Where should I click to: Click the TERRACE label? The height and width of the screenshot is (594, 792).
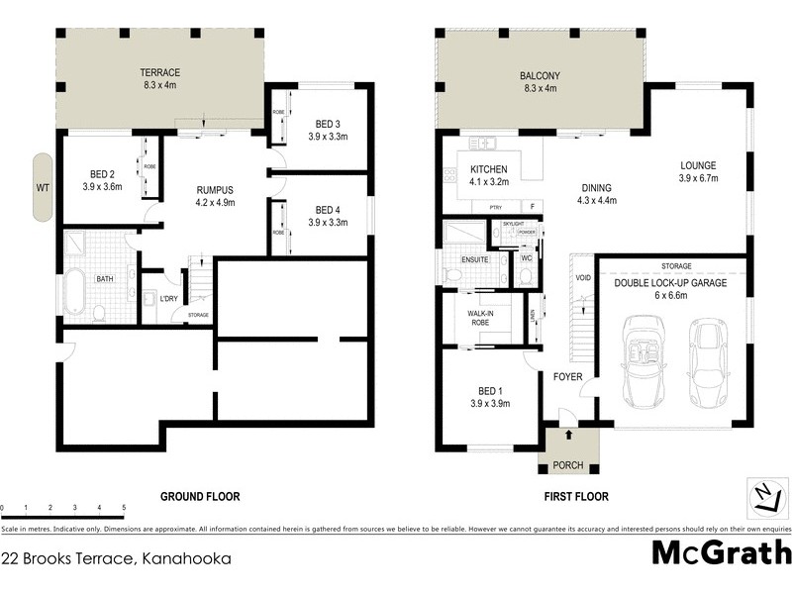point(159,73)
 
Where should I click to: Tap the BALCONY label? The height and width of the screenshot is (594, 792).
point(540,76)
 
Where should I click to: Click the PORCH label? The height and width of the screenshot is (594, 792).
point(568,465)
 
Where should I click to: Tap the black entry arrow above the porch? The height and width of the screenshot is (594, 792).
point(568,433)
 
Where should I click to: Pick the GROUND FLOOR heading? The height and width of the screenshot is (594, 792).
point(200,496)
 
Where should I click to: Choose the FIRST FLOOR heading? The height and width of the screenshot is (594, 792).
point(575,496)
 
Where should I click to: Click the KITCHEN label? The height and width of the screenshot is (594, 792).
point(488,169)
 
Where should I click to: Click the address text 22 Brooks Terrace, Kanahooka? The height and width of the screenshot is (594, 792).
point(117,558)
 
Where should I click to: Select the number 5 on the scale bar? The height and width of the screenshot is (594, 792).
point(124,508)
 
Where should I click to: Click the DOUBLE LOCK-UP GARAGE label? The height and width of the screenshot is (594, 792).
point(671,283)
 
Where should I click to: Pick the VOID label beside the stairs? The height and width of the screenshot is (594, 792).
point(582,277)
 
